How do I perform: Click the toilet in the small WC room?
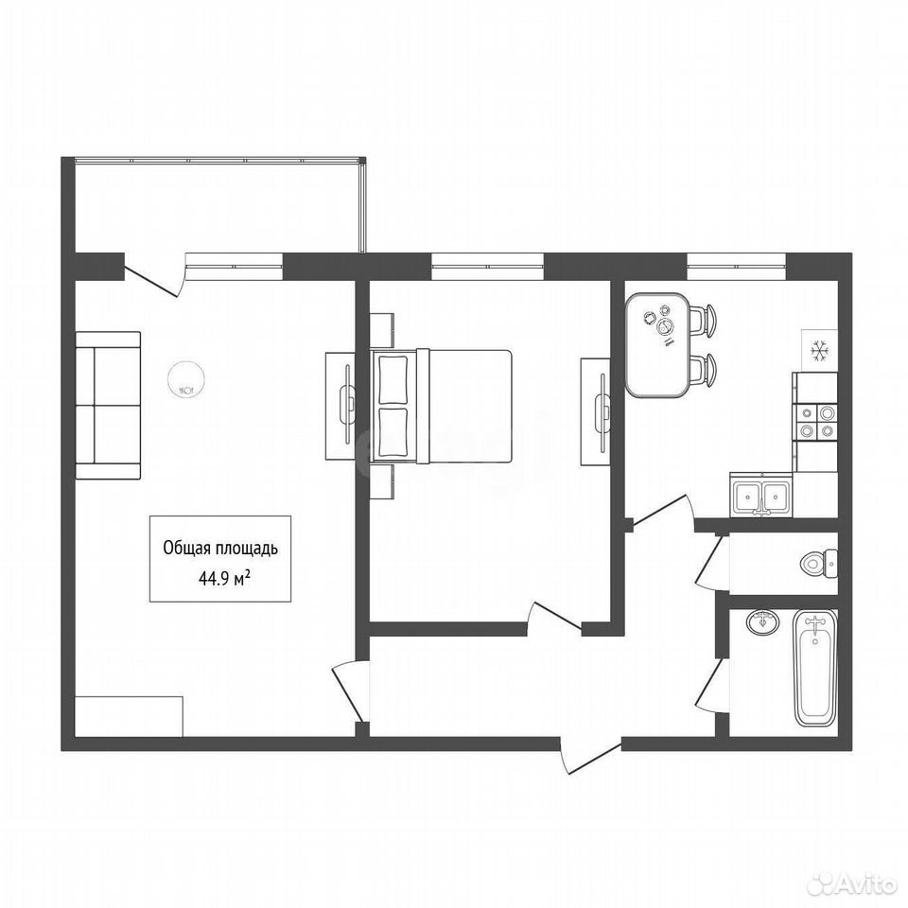tap(819, 562)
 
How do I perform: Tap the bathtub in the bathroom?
tap(815, 669)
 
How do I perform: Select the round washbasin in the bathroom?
tap(763, 622)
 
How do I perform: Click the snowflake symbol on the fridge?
tap(819, 352)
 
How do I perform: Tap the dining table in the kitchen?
tap(658, 345)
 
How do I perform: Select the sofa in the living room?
tap(108, 406)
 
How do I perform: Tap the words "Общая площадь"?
tap(220, 548)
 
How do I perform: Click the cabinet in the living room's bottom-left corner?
tap(130, 716)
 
